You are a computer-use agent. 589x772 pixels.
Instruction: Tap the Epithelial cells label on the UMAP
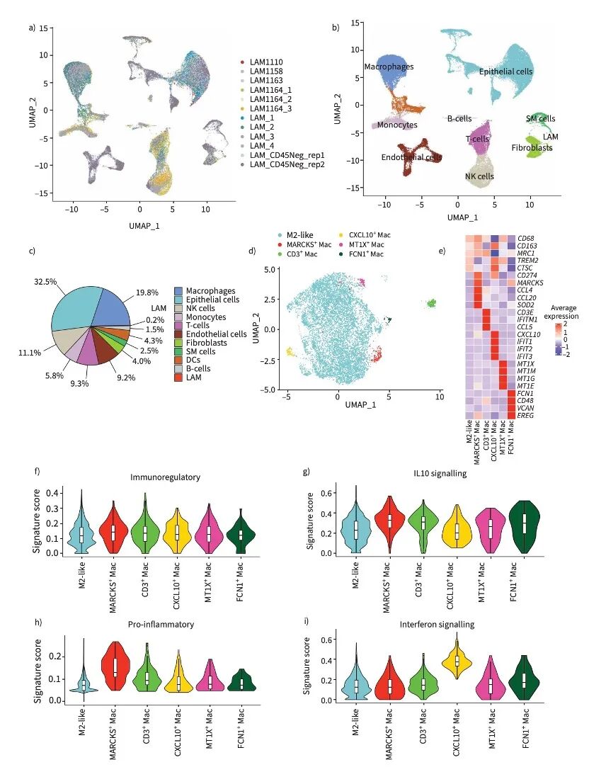coord(505,72)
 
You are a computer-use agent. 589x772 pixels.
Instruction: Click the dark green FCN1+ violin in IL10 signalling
coord(524,524)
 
